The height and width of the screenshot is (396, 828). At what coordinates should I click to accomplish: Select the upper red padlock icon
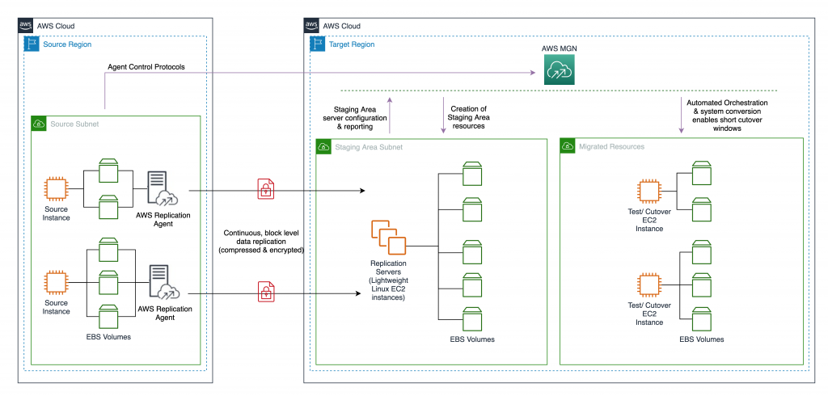pos(264,189)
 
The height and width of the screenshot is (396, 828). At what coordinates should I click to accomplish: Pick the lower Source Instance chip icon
pos(56,282)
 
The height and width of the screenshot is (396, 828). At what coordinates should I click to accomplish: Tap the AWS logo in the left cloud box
pos(26,25)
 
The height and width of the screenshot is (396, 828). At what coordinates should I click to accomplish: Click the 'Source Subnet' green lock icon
pos(39,124)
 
